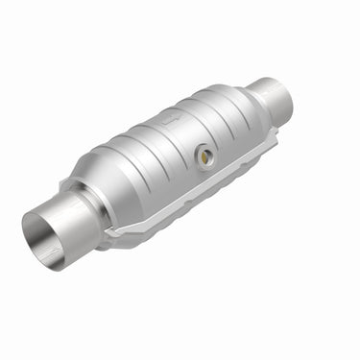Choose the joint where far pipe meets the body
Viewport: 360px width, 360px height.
[259, 96]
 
